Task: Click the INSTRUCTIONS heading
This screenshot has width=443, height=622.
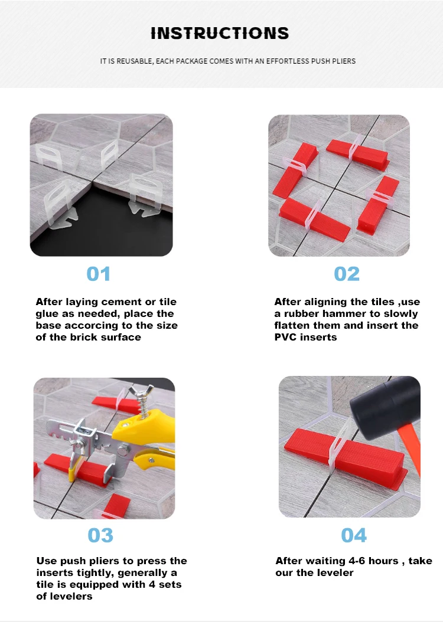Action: tap(220, 33)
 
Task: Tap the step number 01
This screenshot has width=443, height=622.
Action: tap(99, 274)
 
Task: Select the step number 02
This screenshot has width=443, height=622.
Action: tap(347, 274)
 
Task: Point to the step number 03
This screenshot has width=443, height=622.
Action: tap(100, 535)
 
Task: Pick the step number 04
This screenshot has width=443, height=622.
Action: tap(354, 535)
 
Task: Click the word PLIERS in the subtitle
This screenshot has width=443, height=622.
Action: tap(344, 61)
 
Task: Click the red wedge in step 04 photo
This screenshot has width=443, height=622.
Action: tap(346, 452)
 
